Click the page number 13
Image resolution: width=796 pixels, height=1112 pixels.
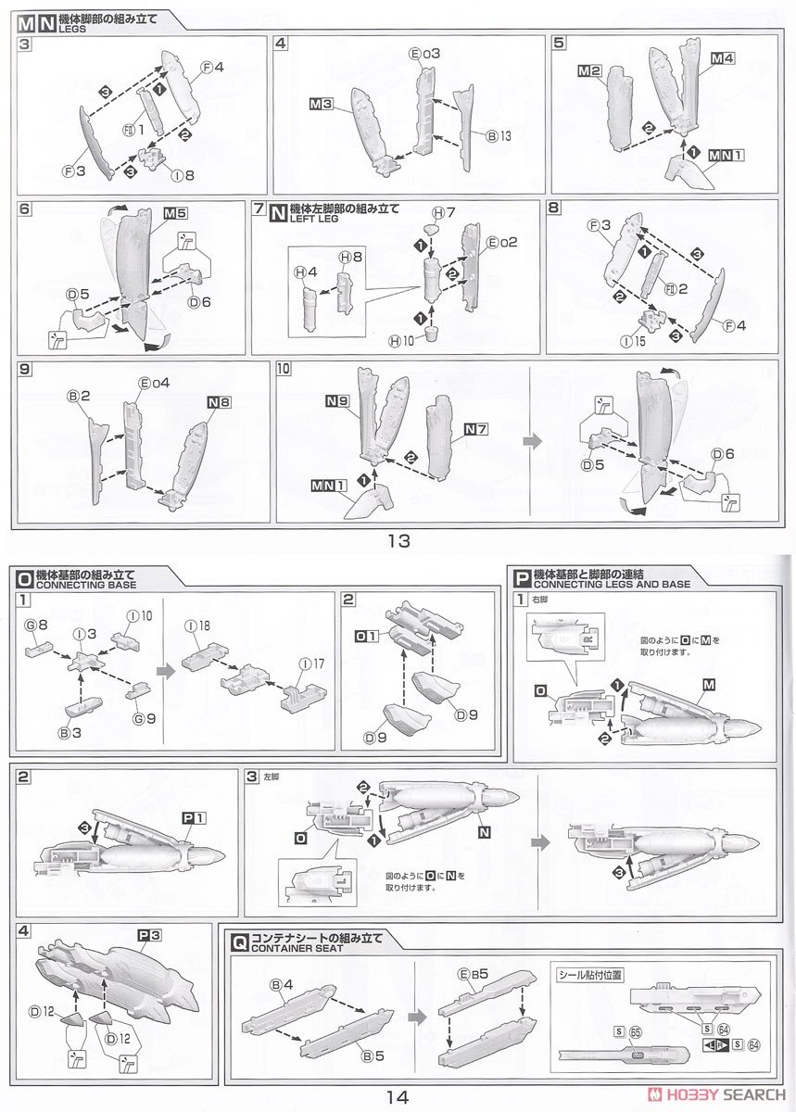(398, 540)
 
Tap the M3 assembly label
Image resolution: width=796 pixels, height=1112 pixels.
(321, 104)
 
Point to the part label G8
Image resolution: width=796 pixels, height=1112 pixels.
(36, 625)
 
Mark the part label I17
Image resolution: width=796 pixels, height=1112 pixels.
(313, 663)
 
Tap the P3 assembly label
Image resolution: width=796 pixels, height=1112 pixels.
(149, 935)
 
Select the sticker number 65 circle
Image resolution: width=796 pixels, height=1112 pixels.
(635, 1030)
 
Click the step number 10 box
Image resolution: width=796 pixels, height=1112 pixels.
(283, 368)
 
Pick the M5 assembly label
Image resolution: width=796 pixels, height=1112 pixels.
(175, 213)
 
